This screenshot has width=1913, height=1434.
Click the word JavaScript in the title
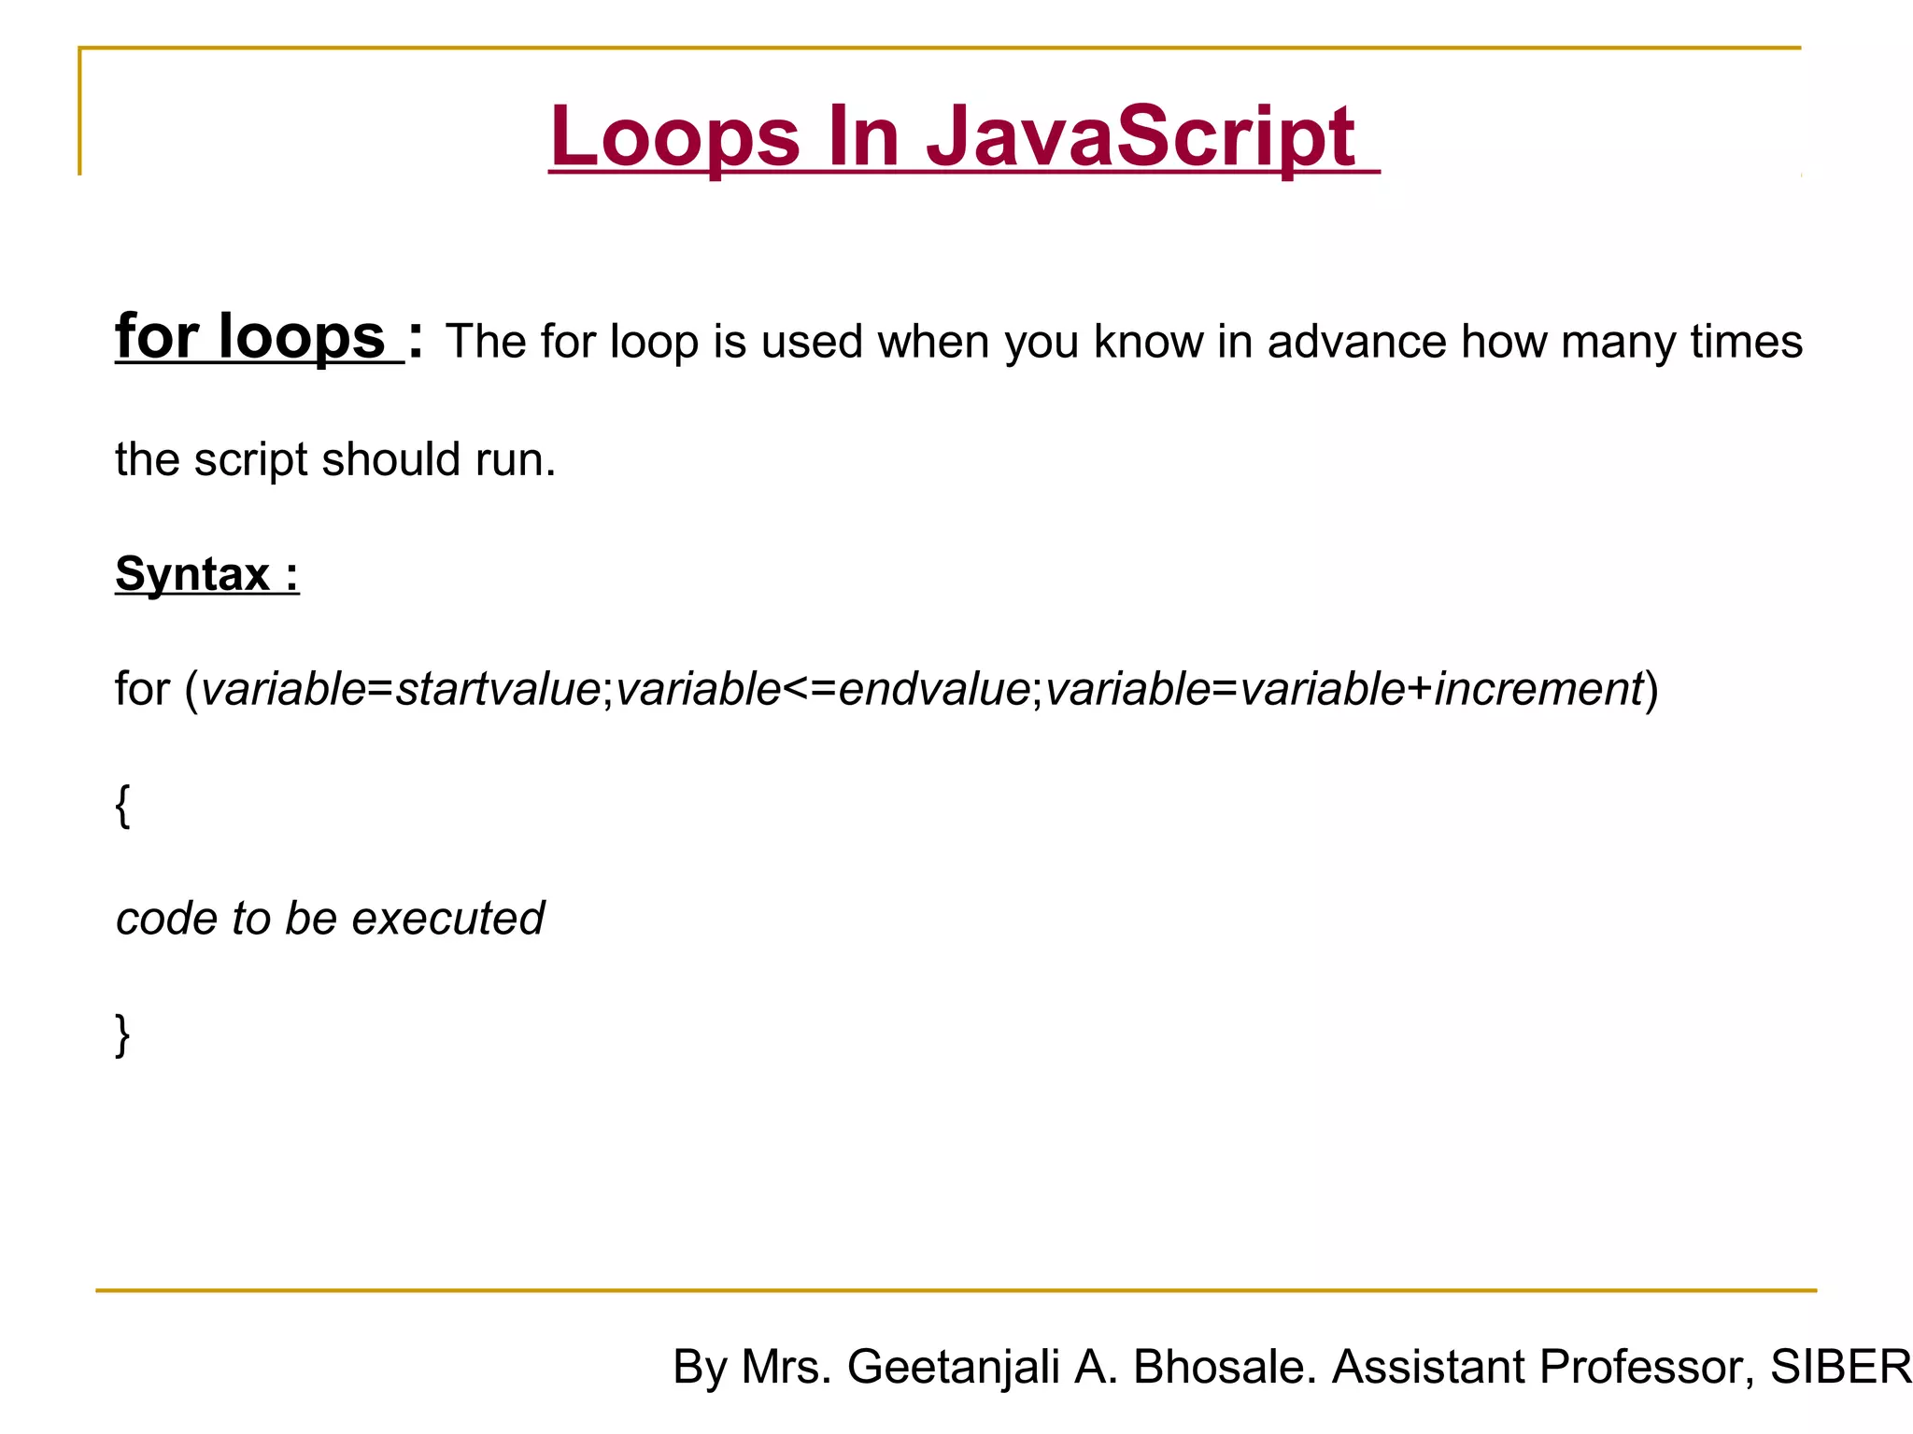(1140, 136)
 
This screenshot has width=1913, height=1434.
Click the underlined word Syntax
(192, 573)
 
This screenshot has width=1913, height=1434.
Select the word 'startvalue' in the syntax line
(498, 689)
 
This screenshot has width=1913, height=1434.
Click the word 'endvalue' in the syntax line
(934, 689)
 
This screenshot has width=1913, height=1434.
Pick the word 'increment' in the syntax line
(1537, 689)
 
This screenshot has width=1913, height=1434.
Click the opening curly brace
(122, 805)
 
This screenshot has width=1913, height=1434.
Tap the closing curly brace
(122, 1034)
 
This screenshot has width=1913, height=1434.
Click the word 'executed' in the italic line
(447, 919)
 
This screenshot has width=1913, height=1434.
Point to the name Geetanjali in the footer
(953, 1367)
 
